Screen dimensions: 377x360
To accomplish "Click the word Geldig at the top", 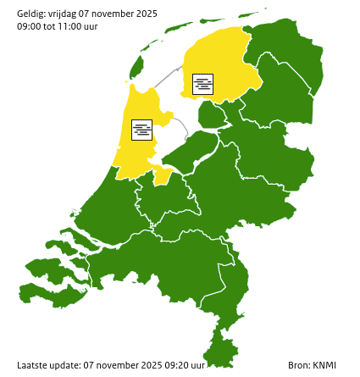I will pos(32,14).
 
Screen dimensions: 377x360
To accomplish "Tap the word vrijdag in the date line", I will pos(66,14).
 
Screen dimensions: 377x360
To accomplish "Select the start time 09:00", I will pos(30,26).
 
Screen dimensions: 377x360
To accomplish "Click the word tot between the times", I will pos(53,26).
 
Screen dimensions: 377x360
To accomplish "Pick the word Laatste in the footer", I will pos(32,365).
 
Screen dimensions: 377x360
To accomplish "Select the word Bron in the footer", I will pos(298,365).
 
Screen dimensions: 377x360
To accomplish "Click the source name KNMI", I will pos(325,365).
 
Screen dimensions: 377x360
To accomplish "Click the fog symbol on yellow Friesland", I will pos(202,84).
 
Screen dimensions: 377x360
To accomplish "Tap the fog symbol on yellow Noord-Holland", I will pos(141,129).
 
